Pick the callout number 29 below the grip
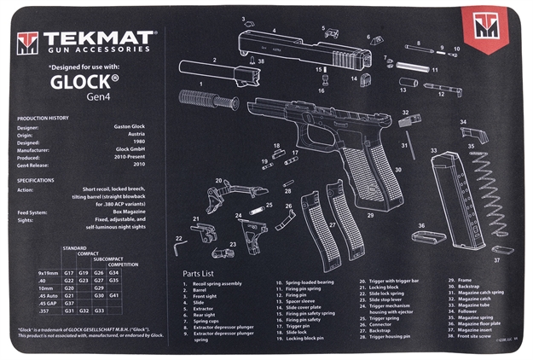click(x=369, y=216)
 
